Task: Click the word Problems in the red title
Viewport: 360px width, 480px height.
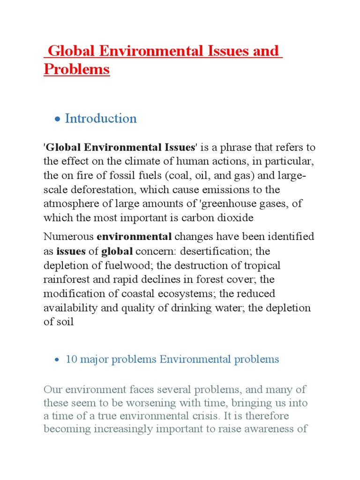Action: (76, 69)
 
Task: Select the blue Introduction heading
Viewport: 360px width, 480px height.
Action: (101, 119)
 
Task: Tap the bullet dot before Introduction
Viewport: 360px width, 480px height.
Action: (57, 120)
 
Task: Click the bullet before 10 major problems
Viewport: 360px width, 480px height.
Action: (57, 360)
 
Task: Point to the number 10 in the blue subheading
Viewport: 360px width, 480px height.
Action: (71, 360)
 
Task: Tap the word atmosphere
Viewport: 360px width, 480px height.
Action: (69, 204)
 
